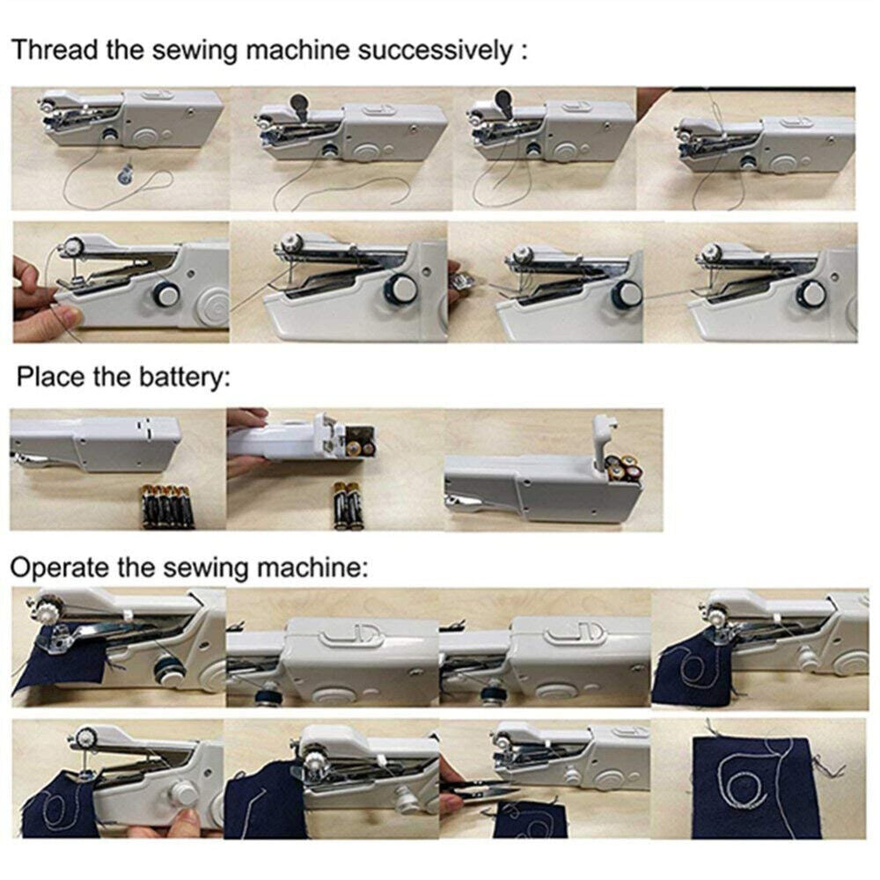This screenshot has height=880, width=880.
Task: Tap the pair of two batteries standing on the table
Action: pos(346,506)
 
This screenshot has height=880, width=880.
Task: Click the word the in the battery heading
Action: pos(114,379)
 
